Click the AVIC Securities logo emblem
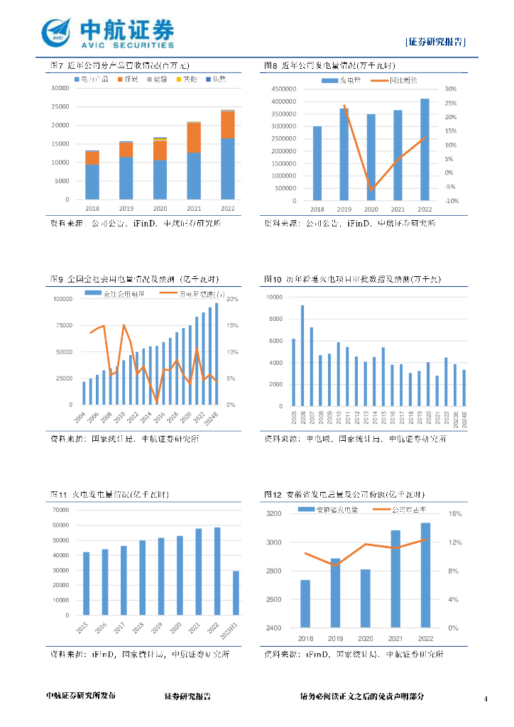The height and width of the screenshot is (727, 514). (57, 33)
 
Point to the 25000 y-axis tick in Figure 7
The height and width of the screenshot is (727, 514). (60, 126)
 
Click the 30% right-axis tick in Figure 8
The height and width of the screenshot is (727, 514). (449, 89)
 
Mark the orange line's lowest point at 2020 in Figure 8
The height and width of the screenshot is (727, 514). (371, 190)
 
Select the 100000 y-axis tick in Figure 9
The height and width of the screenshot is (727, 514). (60, 299)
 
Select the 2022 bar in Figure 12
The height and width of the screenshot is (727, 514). (425, 575)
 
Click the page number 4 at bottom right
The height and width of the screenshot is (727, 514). (486, 699)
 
